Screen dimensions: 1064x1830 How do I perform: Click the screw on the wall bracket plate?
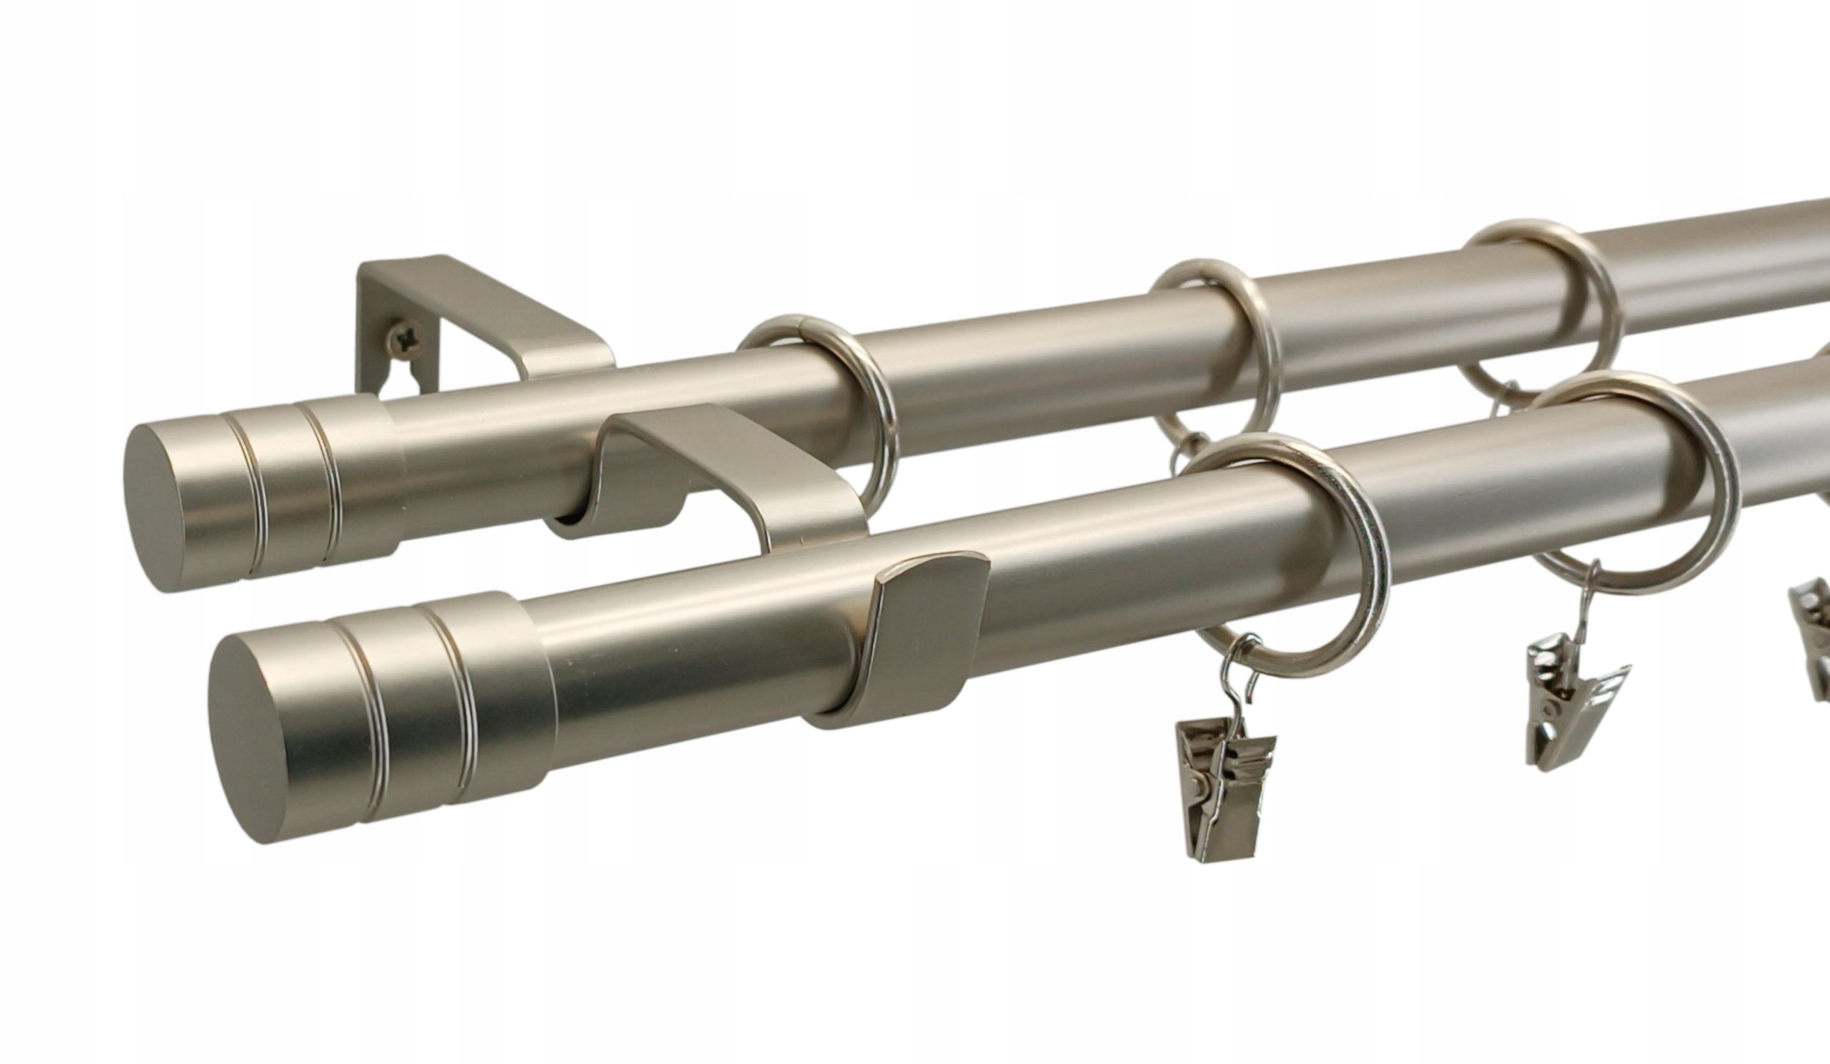405,337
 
